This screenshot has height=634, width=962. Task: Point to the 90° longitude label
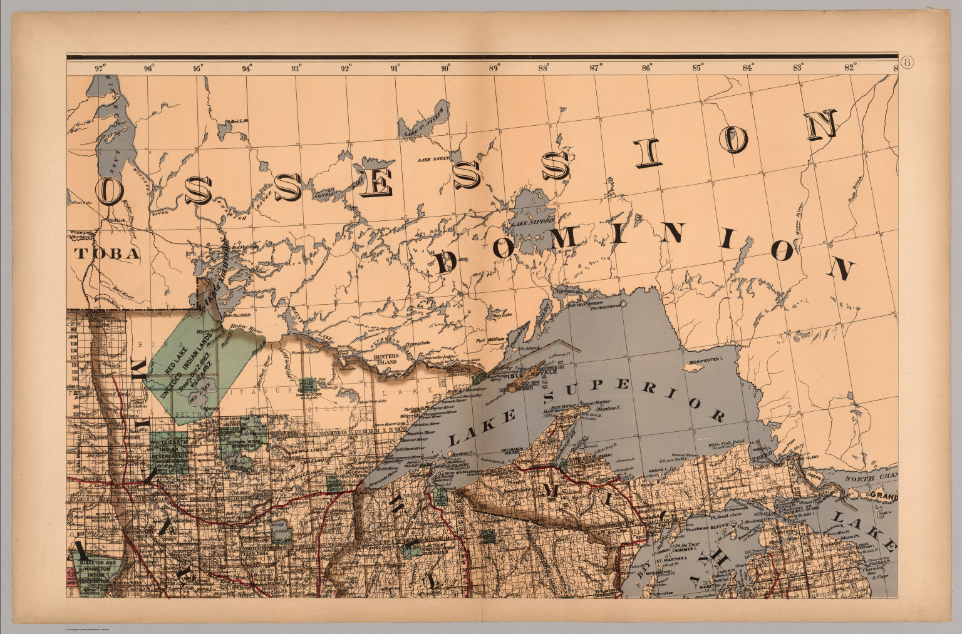click(445, 68)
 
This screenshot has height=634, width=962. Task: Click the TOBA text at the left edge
click(105, 253)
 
